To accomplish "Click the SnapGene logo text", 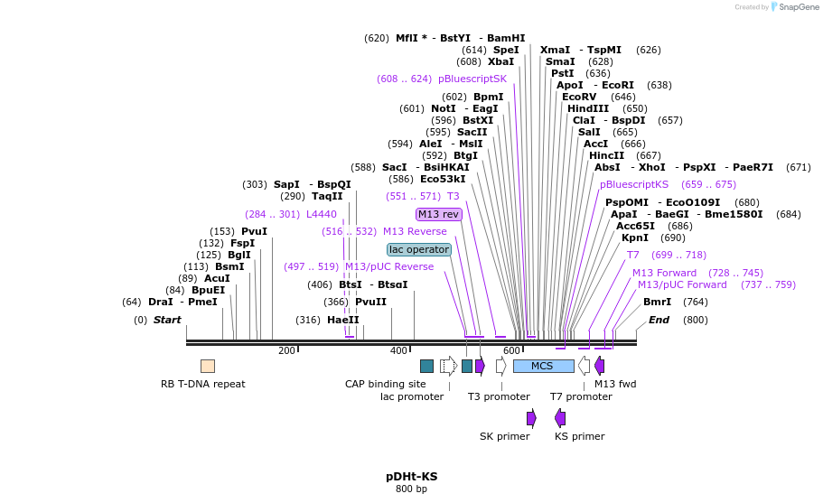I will click(x=795, y=7).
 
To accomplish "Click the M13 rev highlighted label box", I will click(x=438, y=214).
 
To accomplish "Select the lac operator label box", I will click(x=418, y=249).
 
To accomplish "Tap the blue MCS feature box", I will click(x=543, y=366).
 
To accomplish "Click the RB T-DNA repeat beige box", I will click(x=208, y=366).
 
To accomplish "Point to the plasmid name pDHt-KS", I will click(x=411, y=476).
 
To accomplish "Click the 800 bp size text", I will click(x=411, y=489).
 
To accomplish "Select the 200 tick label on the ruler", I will click(x=286, y=351).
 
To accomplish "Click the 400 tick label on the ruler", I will click(x=398, y=351).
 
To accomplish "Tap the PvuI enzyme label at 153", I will click(x=254, y=231).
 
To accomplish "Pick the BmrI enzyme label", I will click(x=657, y=302).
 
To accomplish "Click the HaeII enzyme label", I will click(x=342, y=320).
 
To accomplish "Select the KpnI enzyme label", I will click(x=635, y=238).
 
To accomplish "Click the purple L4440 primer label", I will click(x=321, y=214).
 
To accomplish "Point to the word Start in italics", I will click(x=167, y=320).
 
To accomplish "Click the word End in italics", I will click(x=659, y=320).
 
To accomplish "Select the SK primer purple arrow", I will click(x=531, y=417).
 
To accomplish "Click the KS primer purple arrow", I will click(x=560, y=417).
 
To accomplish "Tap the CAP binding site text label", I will click(x=385, y=384).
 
